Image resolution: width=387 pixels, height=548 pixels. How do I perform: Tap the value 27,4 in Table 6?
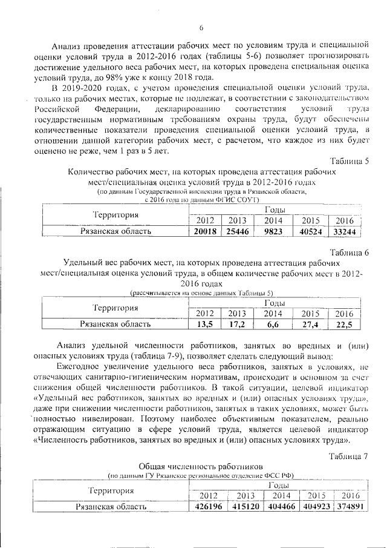coord(311,324)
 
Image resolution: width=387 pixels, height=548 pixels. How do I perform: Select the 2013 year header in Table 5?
coord(237,220)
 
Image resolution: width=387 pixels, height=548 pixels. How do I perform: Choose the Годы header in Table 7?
coord(280,486)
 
